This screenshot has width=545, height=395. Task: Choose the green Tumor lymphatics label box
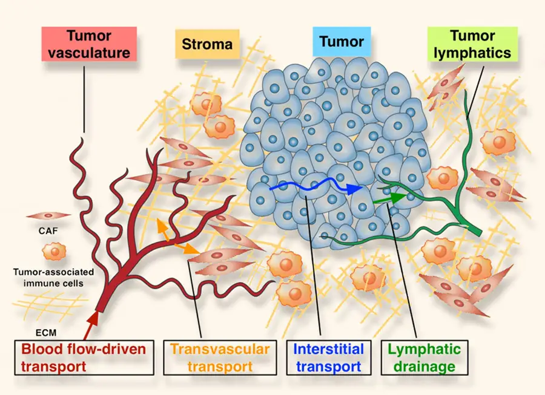(472, 44)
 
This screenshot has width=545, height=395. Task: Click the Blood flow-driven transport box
(83, 357)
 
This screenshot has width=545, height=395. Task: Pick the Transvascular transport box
(222, 357)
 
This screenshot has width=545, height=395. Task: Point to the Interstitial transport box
(329, 357)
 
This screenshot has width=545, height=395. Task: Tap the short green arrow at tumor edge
(390, 197)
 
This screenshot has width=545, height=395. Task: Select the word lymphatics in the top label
(472, 53)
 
